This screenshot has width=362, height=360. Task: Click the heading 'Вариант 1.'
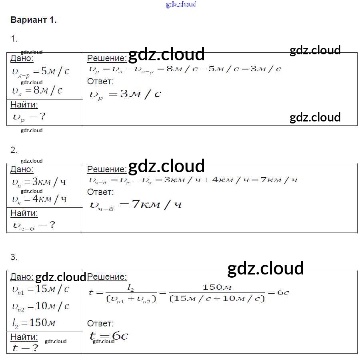34,20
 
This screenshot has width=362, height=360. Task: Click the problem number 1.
14,39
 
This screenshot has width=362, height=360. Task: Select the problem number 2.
14,150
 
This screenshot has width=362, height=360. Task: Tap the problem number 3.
14,257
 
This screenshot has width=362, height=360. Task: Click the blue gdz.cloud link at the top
181,4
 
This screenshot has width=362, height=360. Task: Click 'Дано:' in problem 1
22,58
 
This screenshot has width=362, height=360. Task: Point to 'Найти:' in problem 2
24,213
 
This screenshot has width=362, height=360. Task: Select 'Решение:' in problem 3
107,276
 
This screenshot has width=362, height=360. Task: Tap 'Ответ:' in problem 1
100,82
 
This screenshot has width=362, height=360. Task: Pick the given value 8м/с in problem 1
48,90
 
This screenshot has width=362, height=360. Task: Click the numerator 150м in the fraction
217,287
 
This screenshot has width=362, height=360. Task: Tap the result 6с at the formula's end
283,292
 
